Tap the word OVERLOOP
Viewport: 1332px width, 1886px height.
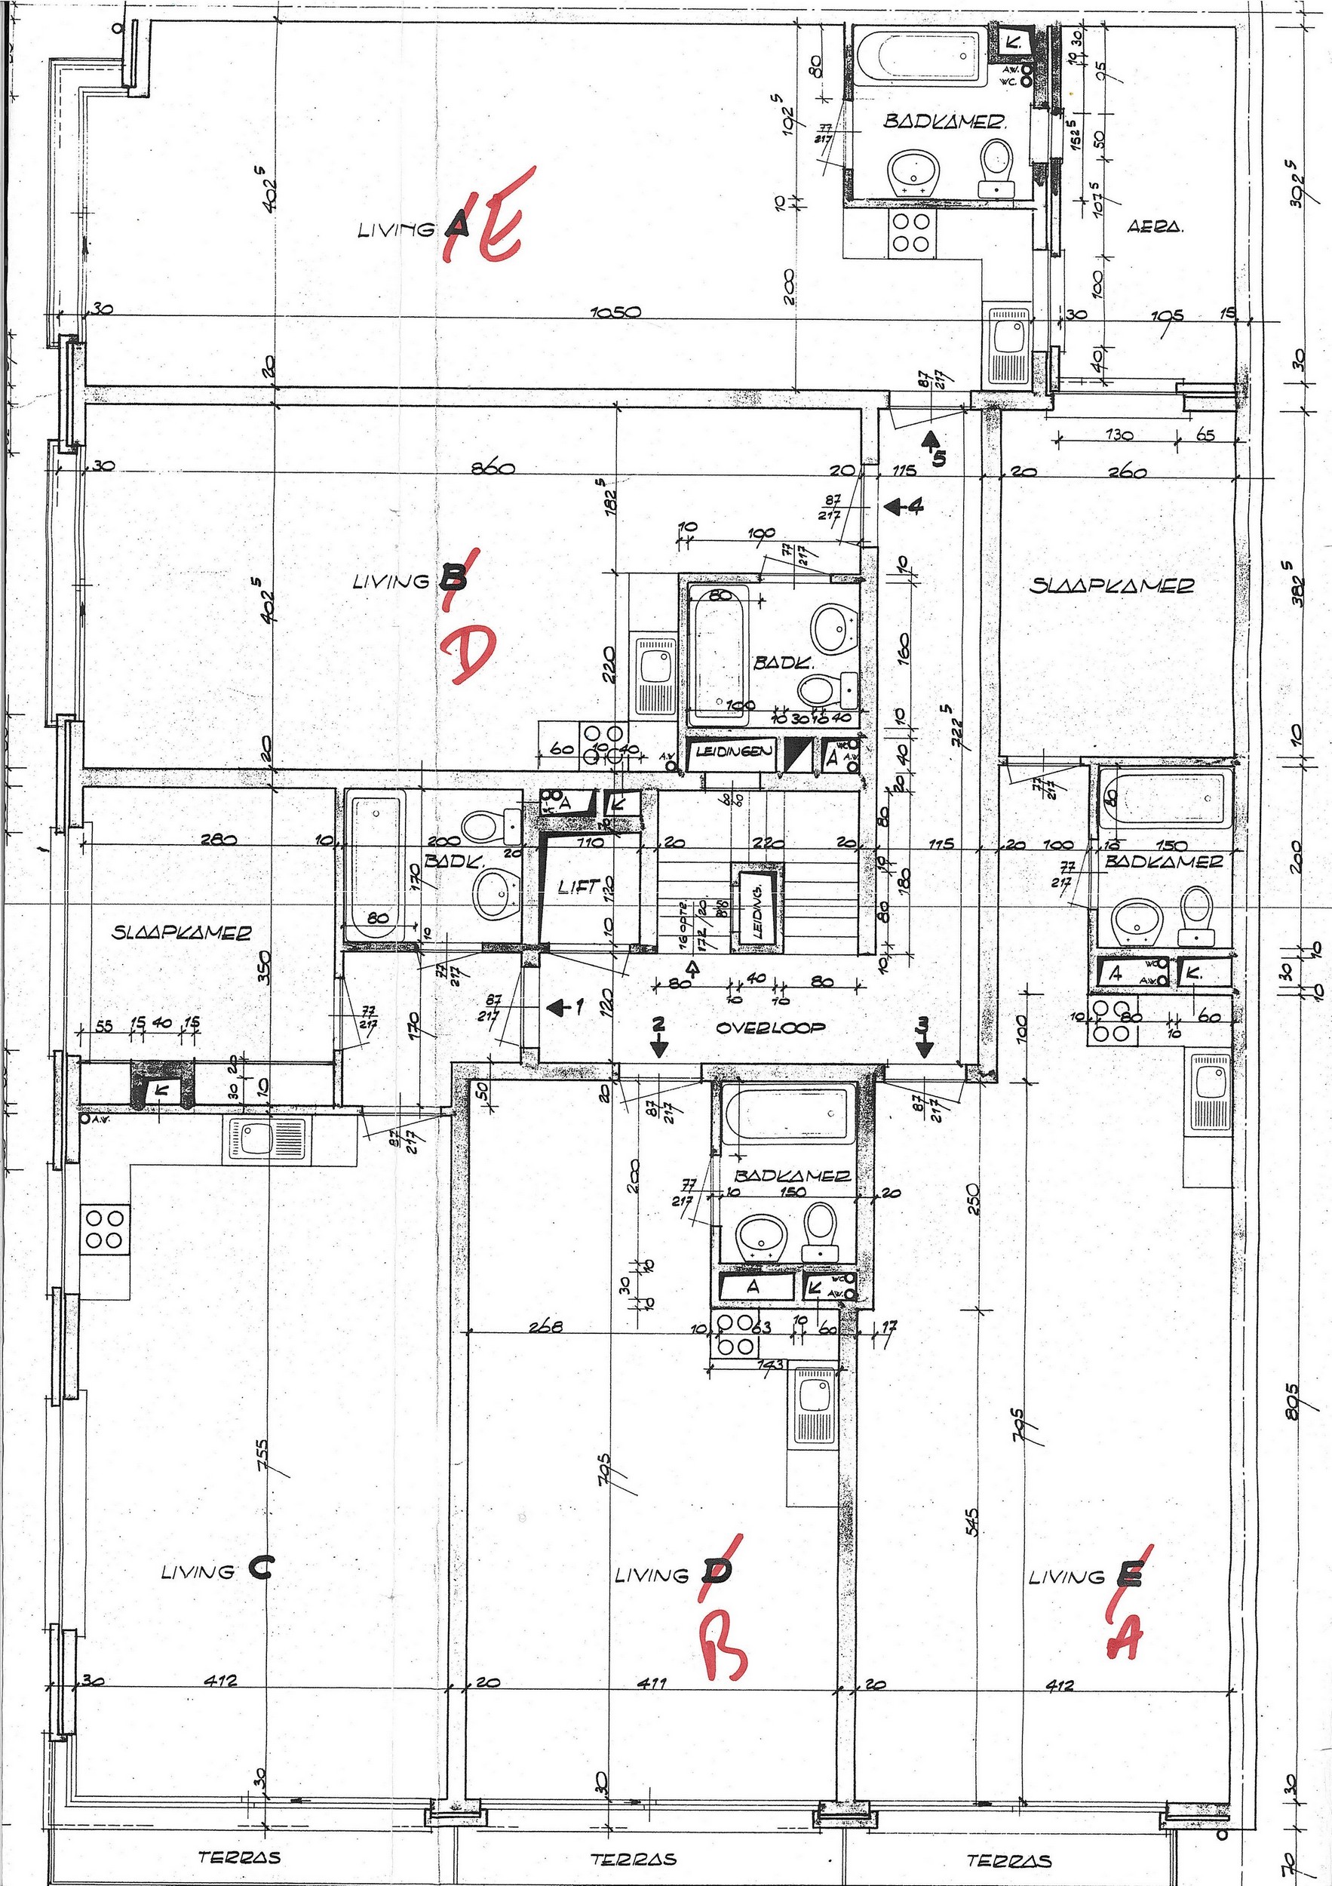click(x=769, y=1027)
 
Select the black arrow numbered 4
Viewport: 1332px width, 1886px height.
click(x=903, y=507)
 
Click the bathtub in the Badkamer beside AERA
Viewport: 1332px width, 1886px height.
click(x=918, y=57)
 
